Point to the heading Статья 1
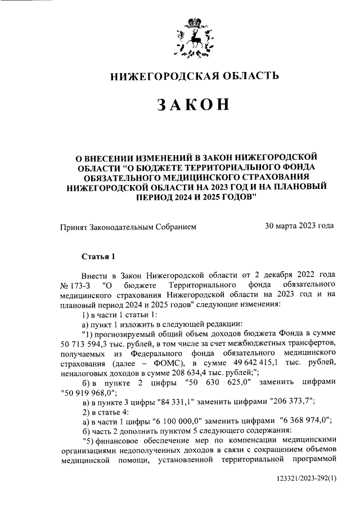coord(98,257)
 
